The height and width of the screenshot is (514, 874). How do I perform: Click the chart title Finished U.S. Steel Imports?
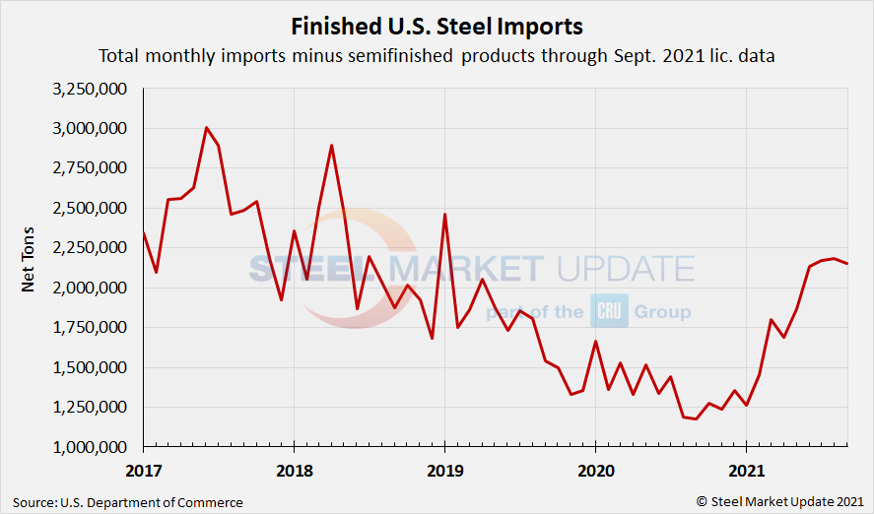[x=437, y=25]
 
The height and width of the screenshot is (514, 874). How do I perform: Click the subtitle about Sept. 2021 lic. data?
[x=437, y=56]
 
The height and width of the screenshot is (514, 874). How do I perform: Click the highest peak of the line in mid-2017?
[x=206, y=128]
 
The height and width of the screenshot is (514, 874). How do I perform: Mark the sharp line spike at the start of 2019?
[x=444, y=215]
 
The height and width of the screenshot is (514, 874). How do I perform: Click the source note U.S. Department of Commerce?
[x=128, y=502]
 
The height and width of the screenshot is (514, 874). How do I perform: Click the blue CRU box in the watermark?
[x=603, y=311]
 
